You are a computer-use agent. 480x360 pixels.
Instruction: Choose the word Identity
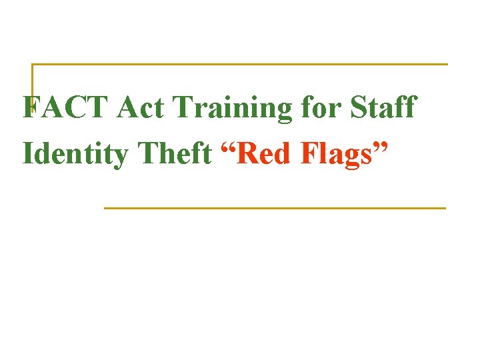(75, 155)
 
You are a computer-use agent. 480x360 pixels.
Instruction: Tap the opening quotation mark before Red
(228, 146)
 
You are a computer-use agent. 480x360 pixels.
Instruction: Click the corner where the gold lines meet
(33, 65)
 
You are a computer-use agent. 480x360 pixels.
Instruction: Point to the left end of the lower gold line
(105, 208)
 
